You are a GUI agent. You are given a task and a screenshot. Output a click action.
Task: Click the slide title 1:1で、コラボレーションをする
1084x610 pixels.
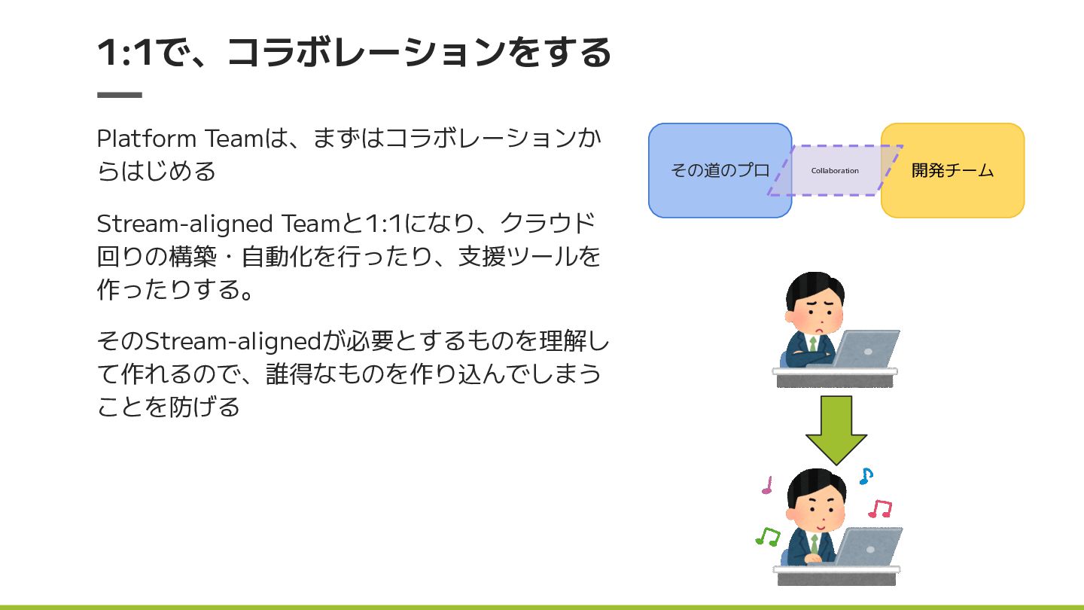[x=354, y=53]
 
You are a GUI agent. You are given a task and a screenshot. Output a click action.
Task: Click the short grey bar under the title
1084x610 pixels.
[x=120, y=95]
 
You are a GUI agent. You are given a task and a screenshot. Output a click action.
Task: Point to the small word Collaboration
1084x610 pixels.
[x=835, y=171]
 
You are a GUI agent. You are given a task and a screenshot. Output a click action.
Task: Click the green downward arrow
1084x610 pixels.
[x=836, y=429]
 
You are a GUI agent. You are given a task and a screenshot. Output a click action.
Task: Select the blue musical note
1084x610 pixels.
[x=866, y=476]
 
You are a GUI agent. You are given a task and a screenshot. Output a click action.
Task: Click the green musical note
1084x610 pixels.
[x=768, y=536]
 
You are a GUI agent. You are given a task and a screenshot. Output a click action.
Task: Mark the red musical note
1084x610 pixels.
[x=879, y=509]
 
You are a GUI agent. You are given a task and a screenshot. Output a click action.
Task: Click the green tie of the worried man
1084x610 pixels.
[x=814, y=345]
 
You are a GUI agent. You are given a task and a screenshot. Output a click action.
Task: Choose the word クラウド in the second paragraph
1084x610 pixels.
[x=548, y=224]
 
